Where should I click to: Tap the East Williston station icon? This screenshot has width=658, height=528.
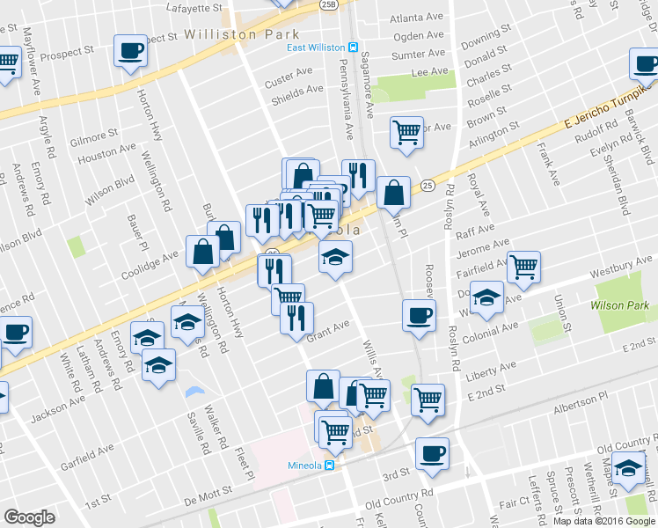[353, 48]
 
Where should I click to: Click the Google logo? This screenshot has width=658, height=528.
[29, 517]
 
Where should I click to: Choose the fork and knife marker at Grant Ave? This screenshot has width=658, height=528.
[297, 316]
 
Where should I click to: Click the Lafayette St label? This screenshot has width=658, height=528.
[195, 7]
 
